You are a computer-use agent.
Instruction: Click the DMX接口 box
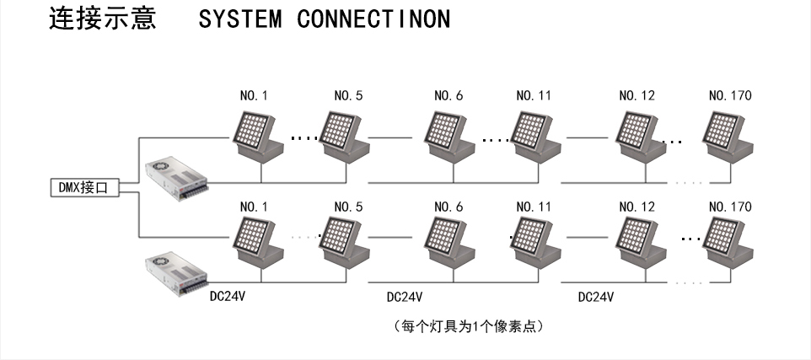(x=83, y=188)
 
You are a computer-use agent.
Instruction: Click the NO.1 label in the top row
(x=254, y=95)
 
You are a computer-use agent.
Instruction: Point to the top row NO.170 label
(x=730, y=95)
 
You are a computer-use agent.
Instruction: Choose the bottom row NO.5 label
(x=348, y=207)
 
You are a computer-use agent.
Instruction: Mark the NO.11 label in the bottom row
(x=534, y=207)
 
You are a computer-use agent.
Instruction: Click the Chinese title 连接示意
(x=103, y=19)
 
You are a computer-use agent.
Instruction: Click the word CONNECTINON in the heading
(x=373, y=19)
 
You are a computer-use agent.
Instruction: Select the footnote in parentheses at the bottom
(x=469, y=325)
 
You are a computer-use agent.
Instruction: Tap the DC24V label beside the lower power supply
(x=228, y=297)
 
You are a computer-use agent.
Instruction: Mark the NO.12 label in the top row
(x=636, y=95)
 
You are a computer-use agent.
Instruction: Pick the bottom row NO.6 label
(x=448, y=207)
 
